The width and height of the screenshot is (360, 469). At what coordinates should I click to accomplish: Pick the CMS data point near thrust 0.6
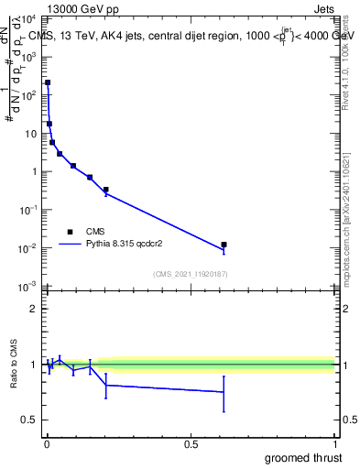tap(224, 245)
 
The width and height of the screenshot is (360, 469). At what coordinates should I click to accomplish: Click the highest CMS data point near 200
tap(48, 82)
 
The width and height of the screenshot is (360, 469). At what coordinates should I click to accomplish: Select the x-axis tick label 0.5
tap(191, 443)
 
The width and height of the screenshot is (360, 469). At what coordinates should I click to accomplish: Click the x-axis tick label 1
tap(335, 443)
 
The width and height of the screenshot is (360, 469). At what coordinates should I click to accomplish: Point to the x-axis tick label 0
tap(47, 443)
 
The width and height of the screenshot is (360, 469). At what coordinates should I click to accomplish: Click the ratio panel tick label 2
tap(34, 309)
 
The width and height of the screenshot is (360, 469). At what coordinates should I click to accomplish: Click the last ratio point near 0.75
tap(224, 392)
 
